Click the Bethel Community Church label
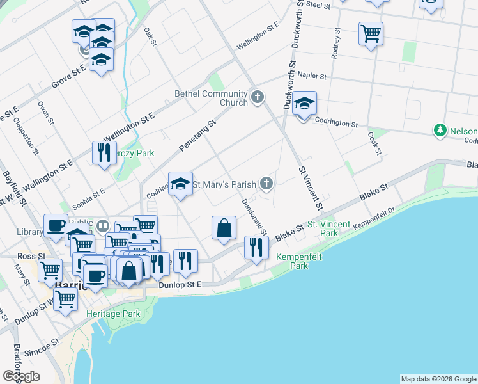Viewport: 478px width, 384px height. click(211, 98)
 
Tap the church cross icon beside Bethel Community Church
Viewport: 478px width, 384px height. click(258, 97)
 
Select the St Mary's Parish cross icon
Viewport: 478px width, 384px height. click(266, 184)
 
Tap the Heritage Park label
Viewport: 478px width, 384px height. click(112, 314)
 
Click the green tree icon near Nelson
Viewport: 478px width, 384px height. click(440, 131)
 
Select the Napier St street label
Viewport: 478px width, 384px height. click(311, 76)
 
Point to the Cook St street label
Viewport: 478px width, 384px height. click(374, 144)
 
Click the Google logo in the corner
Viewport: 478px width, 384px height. click(21, 376)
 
